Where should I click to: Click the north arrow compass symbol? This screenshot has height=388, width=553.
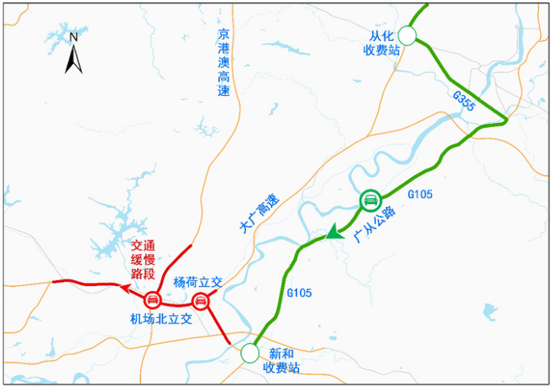point(73,58)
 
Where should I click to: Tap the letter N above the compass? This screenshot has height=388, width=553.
point(73,36)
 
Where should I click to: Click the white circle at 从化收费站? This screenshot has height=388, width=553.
point(408,35)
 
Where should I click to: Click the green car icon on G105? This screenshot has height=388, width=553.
point(370,200)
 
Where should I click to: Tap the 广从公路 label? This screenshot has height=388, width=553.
point(374,225)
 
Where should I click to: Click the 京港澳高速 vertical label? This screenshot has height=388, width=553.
point(223,64)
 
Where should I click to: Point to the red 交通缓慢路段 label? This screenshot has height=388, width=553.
point(147,259)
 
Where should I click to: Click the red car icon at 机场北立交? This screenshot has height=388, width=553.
point(152,299)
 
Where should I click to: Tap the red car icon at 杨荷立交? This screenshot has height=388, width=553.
point(201,301)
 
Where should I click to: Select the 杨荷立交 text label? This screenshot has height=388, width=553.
point(198,281)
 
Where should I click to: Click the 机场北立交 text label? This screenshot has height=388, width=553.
point(160,319)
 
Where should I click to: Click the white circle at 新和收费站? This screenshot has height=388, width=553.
point(249,352)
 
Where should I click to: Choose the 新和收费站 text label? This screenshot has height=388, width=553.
point(281,361)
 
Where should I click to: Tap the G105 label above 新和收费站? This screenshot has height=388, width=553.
point(300,292)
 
